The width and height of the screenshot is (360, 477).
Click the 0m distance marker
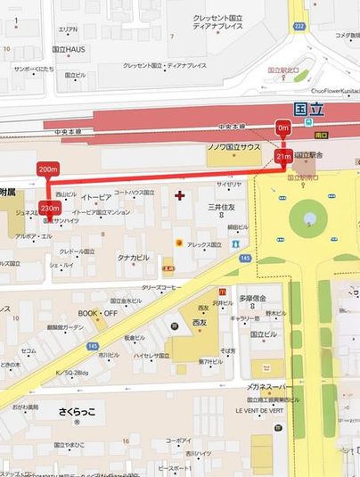coord(284,128)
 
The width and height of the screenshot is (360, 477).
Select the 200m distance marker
coord(48,169)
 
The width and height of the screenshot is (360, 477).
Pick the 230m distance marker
coord(51,208)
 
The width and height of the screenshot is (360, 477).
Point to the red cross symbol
coord(181,194)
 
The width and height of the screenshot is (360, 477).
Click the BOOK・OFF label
coord(98,313)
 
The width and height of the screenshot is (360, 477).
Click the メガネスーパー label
coord(274,390)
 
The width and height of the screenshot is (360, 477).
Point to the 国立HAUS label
coord(70,50)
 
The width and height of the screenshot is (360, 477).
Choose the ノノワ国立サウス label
coord(234,145)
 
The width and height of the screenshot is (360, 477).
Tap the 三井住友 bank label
coord(222,207)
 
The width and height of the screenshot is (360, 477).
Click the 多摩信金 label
coord(253,298)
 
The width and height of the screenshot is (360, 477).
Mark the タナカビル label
coord(133,258)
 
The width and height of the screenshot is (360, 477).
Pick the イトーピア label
coord(95,196)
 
